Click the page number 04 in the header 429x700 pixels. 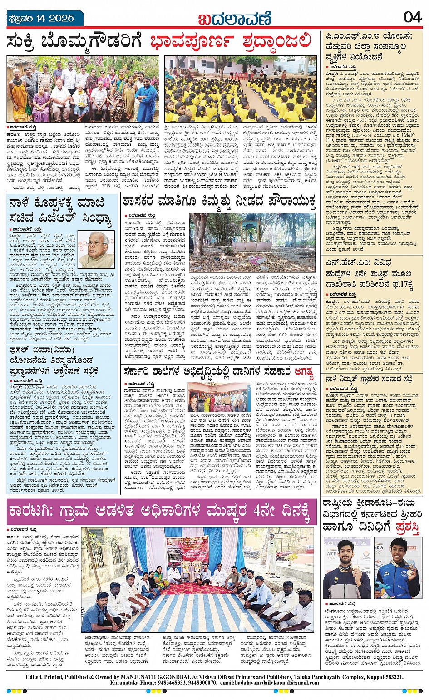click(412, 17)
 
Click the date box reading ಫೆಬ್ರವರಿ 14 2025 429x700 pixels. click(40, 19)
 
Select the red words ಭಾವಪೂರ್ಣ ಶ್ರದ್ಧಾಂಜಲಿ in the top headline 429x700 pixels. click(232, 42)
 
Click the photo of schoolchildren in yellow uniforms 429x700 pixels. click(240, 89)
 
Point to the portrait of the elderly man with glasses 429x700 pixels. click(97, 249)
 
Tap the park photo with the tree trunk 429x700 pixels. click(252, 243)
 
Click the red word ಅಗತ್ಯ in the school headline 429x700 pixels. click(304, 373)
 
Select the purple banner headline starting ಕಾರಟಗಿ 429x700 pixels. click(161, 511)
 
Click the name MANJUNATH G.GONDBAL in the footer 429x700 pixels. click(143, 676)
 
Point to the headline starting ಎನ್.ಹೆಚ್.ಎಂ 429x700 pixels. click(368, 274)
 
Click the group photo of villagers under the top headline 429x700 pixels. click(83, 89)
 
